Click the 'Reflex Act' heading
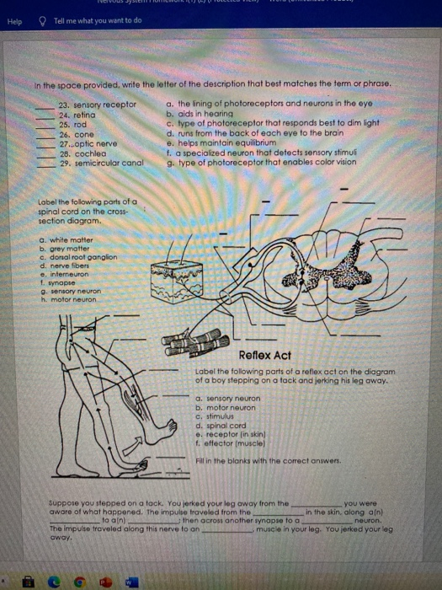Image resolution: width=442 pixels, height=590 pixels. (x=265, y=355)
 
